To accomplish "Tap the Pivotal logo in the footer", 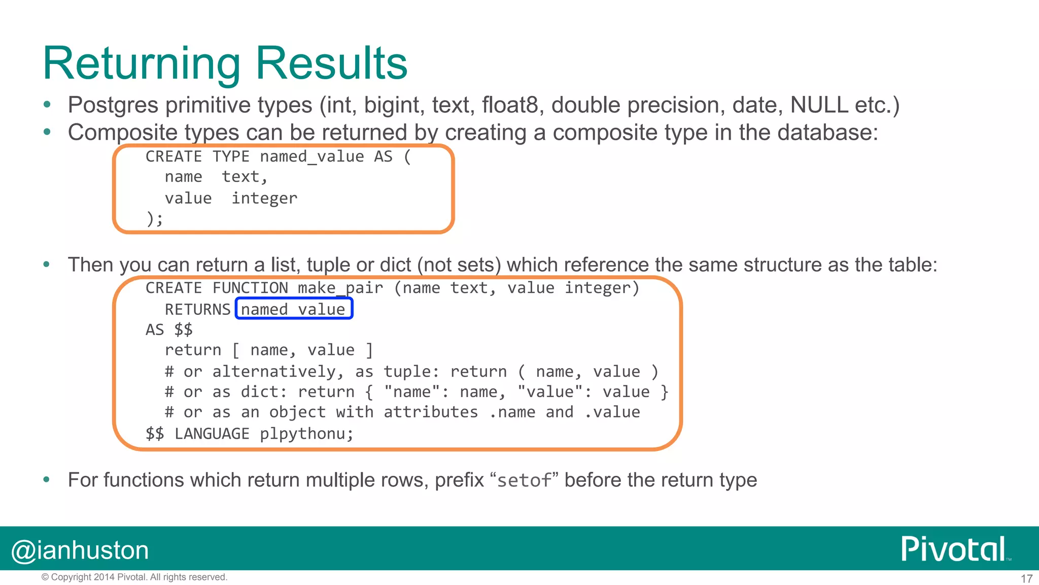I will point(954,549).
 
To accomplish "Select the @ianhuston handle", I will point(80,550).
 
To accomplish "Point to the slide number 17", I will point(1026,578).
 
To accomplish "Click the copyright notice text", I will point(134,577).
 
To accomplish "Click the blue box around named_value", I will point(294,309).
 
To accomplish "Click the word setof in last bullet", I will point(524,480).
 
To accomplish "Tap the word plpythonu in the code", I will point(306,434).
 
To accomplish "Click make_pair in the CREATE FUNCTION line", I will point(340,288).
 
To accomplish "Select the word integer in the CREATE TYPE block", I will point(264,198).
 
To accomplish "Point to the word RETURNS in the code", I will point(198,309).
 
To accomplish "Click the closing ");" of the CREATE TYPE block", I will point(155,219).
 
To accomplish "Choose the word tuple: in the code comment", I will point(411,371).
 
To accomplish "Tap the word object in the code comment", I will point(297,412).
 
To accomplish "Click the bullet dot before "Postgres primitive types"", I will point(47,105).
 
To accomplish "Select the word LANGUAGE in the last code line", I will point(212,434).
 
